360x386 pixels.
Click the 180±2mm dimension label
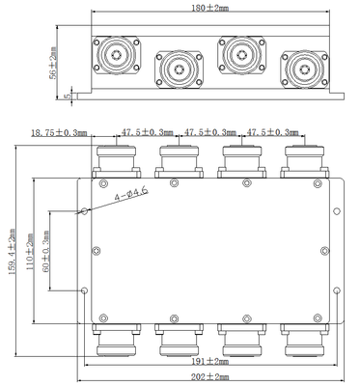coord(210,8)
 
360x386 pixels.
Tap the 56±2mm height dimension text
coord(53,63)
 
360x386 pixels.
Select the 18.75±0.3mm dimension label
coord(59,132)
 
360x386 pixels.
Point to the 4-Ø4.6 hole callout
coord(132,194)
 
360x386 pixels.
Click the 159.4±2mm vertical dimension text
coord(12,252)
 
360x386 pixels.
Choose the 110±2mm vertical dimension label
coord(30,247)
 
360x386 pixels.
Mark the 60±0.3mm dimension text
coord(45,251)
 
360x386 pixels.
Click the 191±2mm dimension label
coord(210,362)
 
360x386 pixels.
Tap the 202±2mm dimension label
coord(210,377)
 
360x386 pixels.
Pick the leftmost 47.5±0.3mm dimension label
coord(147,132)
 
